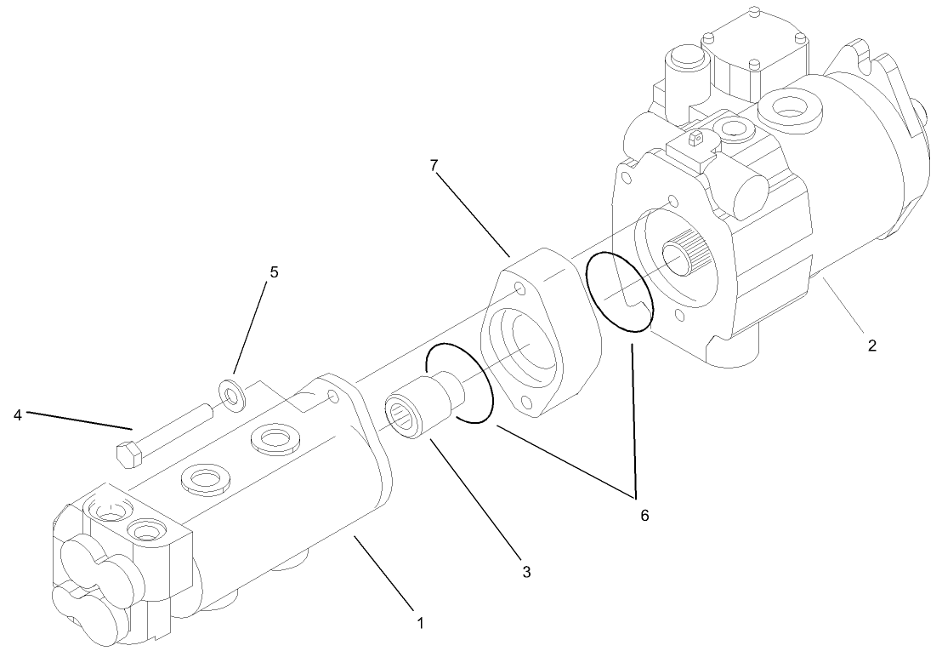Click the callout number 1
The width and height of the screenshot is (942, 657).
coord(418,622)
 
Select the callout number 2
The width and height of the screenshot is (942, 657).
coord(871,346)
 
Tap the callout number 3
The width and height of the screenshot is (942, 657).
coord(526,573)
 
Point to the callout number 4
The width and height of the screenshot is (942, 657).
coord(18,415)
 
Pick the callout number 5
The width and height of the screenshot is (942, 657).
coord(274,272)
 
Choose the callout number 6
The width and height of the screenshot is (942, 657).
coord(644,515)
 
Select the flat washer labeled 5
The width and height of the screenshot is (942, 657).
coord(230,392)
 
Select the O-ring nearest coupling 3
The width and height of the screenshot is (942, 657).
coord(460,383)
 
